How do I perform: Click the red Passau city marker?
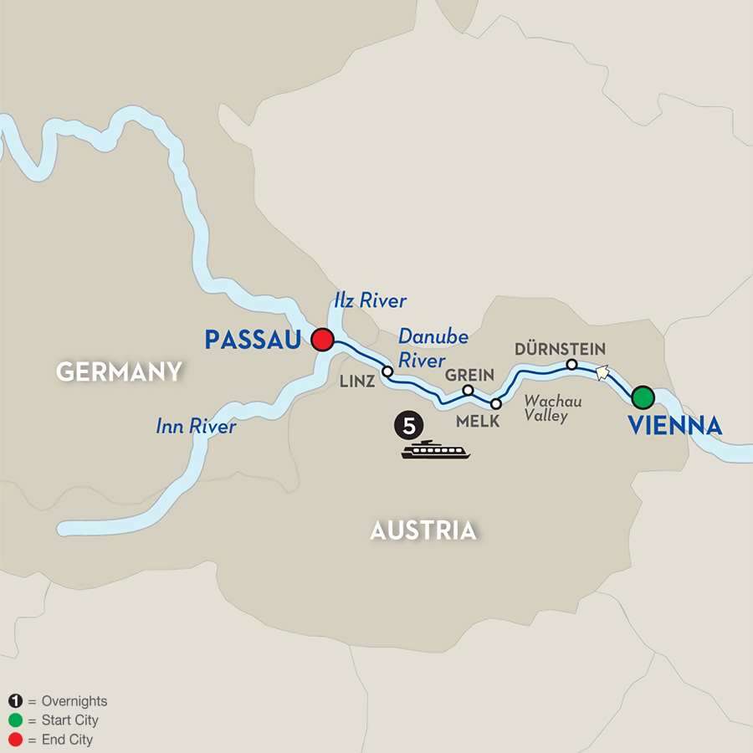click(x=323, y=341)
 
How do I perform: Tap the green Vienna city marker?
click(x=643, y=397)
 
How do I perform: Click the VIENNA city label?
click(x=674, y=426)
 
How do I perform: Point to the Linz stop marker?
click(x=387, y=371)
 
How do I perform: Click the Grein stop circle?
click(x=469, y=390)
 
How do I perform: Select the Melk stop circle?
click(x=495, y=404)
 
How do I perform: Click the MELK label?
click(x=478, y=422)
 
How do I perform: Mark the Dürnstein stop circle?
click(x=571, y=365)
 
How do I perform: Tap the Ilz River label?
click(x=370, y=301)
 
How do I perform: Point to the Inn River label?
click(x=196, y=427)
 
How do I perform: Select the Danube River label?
click(x=432, y=346)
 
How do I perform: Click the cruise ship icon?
click(x=435, y=451)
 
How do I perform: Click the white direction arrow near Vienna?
click(x=601, y=372)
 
